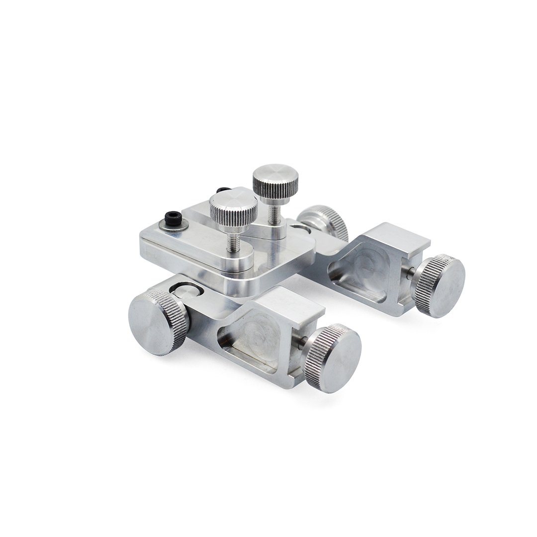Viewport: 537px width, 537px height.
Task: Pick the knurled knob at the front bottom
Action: click(x=334, y=358)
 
